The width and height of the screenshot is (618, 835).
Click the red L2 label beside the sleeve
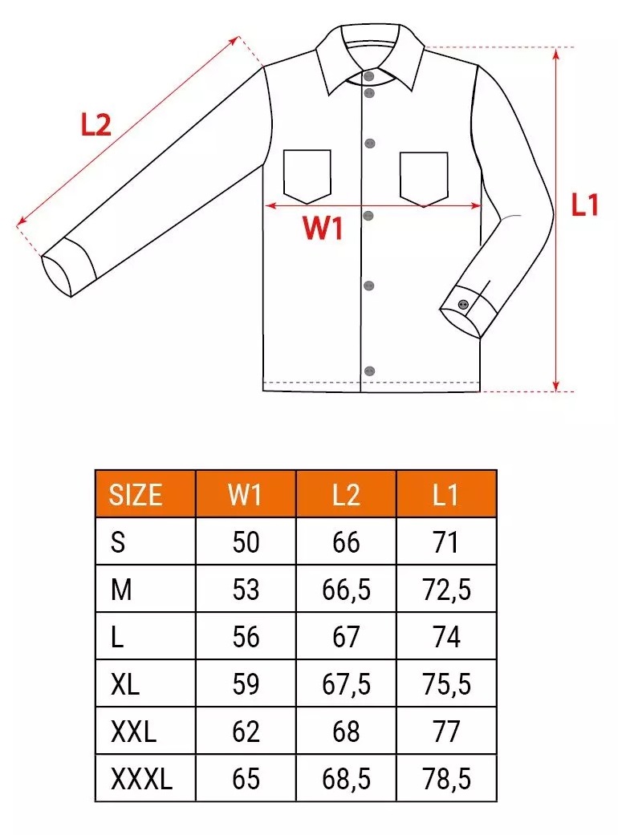click(x=96, y=125)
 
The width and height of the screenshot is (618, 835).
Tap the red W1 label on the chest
click(x=323, y=227)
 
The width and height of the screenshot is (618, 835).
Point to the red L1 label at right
click(x=584, y=205)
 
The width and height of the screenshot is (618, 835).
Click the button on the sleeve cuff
click(x=463, y=305)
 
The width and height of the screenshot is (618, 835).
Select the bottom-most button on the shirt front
click(x=369, y=371)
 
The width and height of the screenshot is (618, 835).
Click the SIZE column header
click(x=136, y=495)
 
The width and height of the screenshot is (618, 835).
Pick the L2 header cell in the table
click(x=346, y=495)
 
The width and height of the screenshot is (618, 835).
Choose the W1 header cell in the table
click(x=245, y=495)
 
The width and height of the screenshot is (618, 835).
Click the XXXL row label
click(x=142, y=779)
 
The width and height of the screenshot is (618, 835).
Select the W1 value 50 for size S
click(x=246, y=542)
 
